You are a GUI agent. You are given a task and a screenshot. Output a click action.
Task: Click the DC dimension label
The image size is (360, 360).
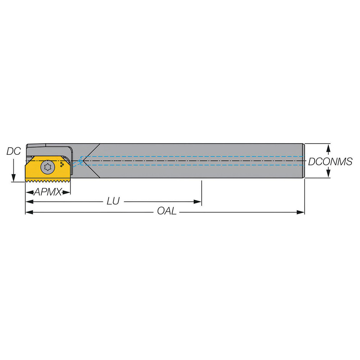point(13,152)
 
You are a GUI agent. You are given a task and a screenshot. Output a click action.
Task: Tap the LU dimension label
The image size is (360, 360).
point(113,201)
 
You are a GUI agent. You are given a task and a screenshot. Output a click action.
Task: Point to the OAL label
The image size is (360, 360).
point(167,211)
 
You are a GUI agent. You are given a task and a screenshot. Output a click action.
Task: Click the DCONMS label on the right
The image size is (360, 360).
point(330,162)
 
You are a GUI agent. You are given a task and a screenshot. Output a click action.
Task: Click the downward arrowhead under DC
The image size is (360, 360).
point(13,178)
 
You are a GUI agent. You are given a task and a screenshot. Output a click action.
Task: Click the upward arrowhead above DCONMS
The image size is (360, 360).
point(328,147)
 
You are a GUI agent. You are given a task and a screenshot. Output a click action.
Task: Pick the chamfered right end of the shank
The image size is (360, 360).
point(303,161)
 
